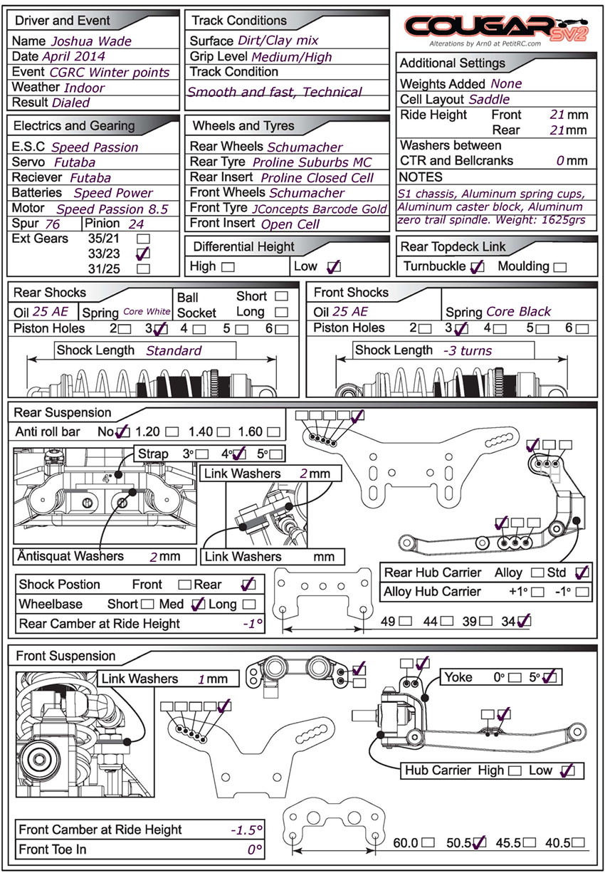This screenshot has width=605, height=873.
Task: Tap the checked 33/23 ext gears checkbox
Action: pos(143,253)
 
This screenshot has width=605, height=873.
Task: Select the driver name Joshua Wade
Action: pos(92,41)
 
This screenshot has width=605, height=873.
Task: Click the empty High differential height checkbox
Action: pos(228,267)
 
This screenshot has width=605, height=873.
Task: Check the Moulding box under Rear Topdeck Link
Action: pos(560,267)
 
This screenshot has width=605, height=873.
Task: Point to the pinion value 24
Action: pos(137,224)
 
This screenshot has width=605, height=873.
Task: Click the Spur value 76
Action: pos(52,224)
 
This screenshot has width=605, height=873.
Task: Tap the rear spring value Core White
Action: pos(147,311)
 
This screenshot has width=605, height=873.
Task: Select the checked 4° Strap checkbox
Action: pos(239,454)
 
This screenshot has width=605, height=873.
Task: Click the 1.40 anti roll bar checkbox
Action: pos(223,432)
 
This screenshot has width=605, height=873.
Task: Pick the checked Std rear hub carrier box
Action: pos(582,573)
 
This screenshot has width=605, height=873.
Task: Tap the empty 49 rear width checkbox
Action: pos(405,621)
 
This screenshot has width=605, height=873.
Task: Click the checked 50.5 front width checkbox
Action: pos(479,842)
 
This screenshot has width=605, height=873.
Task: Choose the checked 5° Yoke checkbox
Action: pos(549,677)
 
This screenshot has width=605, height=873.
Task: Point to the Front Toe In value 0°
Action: pos(255,850)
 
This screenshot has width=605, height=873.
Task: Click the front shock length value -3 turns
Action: pos(468,351)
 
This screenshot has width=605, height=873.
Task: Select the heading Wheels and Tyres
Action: pos(243,126)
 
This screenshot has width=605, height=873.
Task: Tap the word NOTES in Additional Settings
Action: pos(421,177)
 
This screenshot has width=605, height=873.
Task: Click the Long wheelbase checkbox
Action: pos(249,604)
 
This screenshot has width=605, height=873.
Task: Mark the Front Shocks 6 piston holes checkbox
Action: pos(582,329)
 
